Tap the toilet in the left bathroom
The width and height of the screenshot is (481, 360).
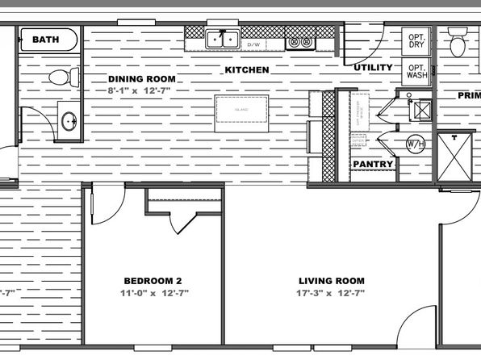(61, 77)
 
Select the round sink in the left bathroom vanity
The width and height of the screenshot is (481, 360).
(69, 123)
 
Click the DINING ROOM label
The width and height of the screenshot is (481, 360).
(142, 78)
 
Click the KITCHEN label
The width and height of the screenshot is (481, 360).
(247, 70)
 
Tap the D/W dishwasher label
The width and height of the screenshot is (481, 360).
(253, 44)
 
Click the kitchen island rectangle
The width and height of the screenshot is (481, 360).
(241, 112)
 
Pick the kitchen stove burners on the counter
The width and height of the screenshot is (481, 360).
(300, 40)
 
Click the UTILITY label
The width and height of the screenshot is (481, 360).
(373, 68)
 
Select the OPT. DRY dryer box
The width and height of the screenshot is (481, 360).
(416, 40)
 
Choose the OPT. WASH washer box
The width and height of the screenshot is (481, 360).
(416, 70)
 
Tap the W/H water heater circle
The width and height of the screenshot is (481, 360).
(415, 144)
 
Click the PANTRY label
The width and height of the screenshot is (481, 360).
(373, 165)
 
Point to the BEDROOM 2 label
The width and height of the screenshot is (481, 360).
(153, 281)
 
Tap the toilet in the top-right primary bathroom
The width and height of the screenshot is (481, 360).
(458, 44)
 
